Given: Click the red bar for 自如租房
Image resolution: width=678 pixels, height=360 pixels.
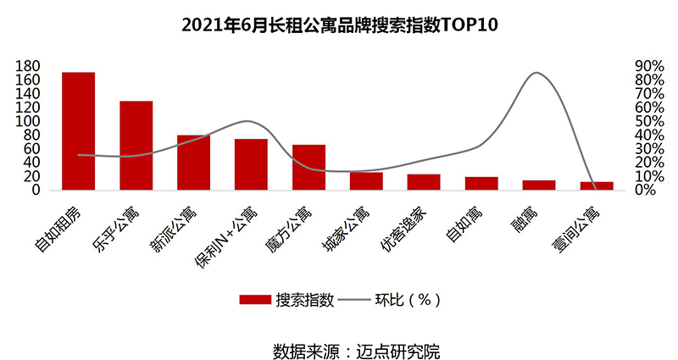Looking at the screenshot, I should [x=79, y=131].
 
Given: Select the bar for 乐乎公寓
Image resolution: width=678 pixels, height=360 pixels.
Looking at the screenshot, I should [x=136, y=146].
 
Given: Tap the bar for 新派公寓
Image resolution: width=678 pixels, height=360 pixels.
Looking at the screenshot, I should [x=193, y=163].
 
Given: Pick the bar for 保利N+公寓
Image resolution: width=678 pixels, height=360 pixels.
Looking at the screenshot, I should [x=251, y=164].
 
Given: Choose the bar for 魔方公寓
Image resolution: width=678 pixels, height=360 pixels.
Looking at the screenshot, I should [x=308, y=168].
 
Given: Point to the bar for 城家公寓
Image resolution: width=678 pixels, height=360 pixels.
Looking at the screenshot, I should [x=366, y=181].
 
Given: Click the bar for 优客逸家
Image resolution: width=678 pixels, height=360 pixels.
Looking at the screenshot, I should [x=424, y=182].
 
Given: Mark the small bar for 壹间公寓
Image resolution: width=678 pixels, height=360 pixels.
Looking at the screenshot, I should [x=597, y=186].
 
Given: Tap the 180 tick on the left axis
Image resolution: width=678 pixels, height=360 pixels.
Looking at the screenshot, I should [x=28, y=66].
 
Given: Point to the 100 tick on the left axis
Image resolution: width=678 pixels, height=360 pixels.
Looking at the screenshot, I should [x=28, y=121].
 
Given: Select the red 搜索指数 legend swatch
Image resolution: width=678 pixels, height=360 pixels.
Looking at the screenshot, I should [x=254, y=300].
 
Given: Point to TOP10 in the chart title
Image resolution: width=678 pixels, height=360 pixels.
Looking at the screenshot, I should [x=470, y=25].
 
